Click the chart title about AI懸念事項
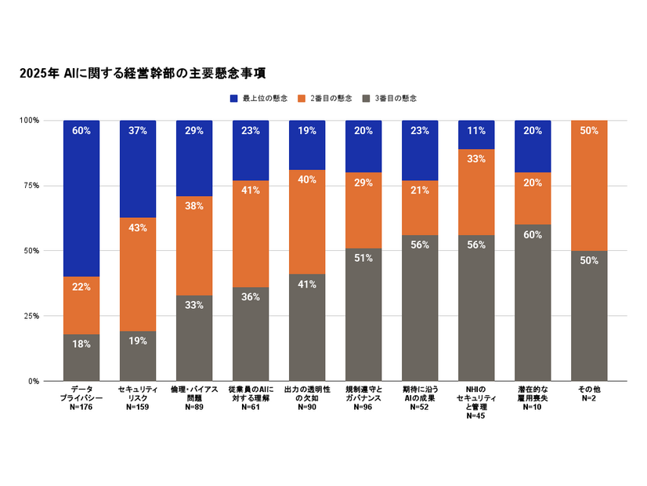point(143,74)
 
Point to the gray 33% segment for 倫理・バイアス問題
point(194,338)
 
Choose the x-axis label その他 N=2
point(589,394)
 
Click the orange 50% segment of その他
point(589,185)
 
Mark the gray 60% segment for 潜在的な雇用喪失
point(533,303)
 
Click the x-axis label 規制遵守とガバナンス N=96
point(363,398)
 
